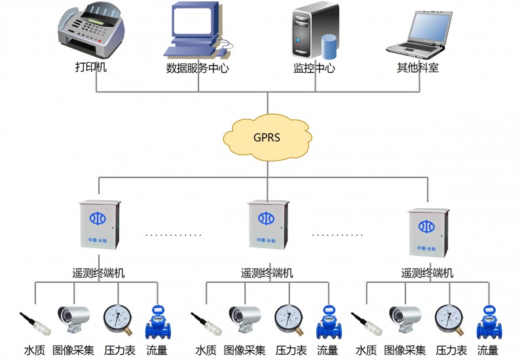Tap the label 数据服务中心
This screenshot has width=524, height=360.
pos(197,68)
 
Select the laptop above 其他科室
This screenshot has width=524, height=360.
pos(420,33)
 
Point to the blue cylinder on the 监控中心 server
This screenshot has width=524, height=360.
pos(329,46)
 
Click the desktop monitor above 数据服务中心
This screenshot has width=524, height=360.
pos(195,24)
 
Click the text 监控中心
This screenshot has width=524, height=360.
pos(314,68)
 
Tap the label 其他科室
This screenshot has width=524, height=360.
pos(417,67)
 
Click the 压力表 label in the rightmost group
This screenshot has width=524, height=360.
pos(451,350)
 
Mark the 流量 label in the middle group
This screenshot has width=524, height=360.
pos(327,350)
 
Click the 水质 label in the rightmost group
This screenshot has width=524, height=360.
pos(366,350)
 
